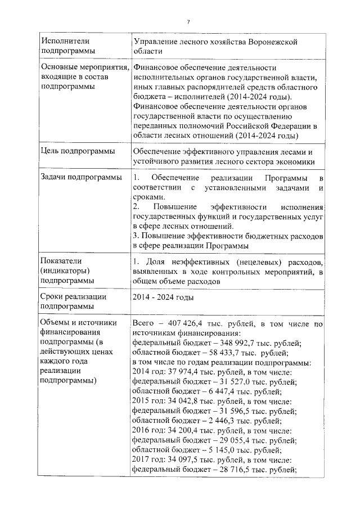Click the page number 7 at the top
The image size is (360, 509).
pyautogui.click(x=189, y=21)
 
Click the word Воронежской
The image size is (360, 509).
pyautogui.click(x=269, y=42)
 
